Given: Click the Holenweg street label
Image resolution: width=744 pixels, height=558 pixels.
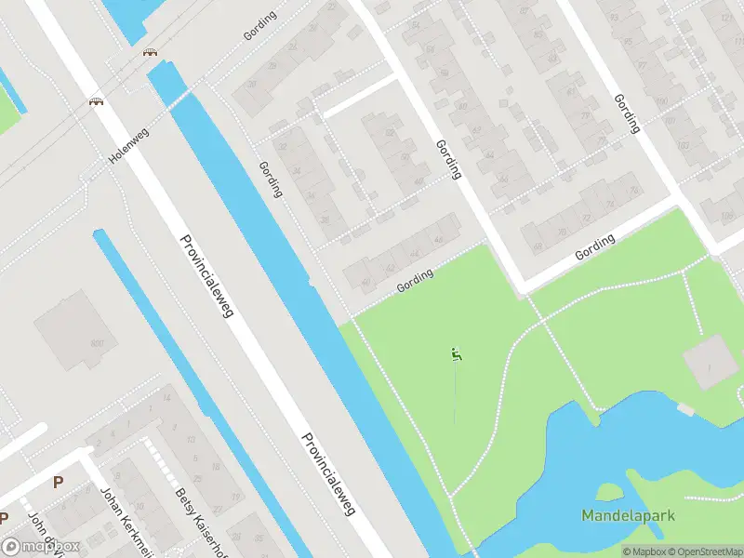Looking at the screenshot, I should click(129, 146).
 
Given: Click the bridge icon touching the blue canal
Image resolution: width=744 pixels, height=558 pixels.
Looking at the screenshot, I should click(149, 52).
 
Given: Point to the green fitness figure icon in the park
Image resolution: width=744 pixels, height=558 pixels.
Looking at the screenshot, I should click(455, 353).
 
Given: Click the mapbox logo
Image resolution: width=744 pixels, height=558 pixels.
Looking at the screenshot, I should click(41, 546).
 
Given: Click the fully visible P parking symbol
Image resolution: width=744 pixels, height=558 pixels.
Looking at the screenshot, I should click(58, 482).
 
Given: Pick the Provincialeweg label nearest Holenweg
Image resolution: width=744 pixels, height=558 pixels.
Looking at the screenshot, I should click(206, 276).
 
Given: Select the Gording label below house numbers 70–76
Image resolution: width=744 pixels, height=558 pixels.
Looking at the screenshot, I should click(595, 247).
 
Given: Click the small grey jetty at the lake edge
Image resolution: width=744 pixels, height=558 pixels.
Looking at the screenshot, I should click(685, 409).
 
